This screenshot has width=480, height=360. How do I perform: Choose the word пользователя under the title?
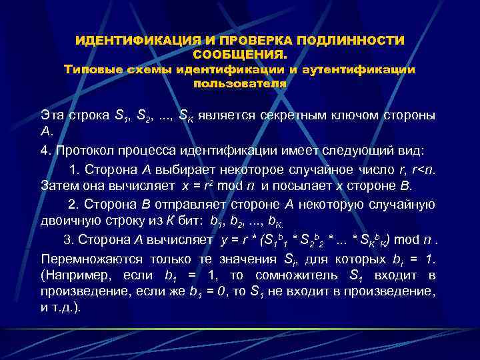[x=240, y=83]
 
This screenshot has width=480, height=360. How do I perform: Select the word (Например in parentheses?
[x=73, y=275]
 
